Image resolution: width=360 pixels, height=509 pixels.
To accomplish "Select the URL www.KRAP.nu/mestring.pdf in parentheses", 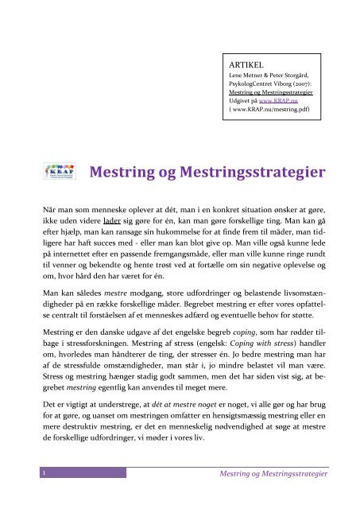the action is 269,112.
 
